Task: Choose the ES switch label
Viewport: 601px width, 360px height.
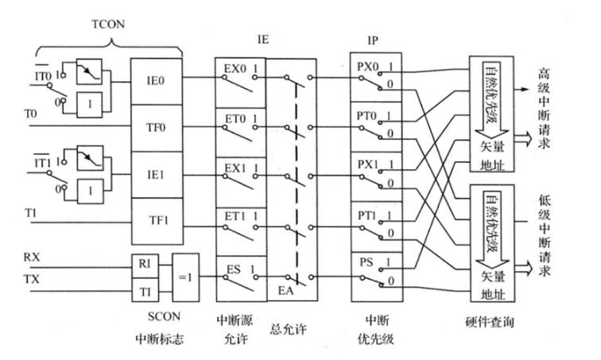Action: pos(232,268)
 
